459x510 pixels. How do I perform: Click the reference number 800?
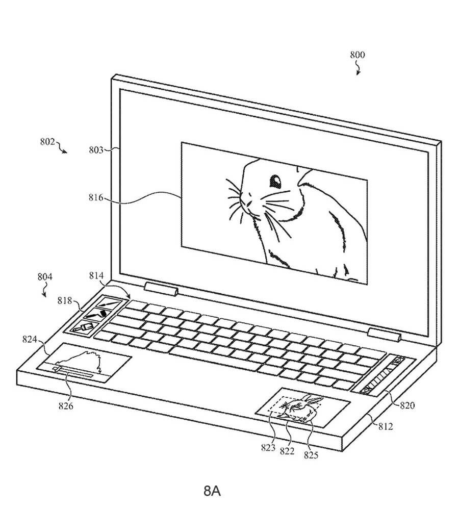(x=357, y=55)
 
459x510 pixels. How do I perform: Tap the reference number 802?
(x=47, y=141)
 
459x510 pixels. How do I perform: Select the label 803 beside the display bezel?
(x=96, y=150)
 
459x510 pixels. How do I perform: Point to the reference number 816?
(x=96, y=197)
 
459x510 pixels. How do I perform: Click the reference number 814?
(x=96, y=275)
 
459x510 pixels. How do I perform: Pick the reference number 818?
(x=65, y=300)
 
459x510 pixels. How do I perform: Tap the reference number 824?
(x=30, y=339)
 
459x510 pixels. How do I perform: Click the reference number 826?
(x=66, y=405)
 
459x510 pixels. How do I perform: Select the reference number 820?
(x=407, y=405)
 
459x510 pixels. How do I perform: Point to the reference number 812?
(x=386, y=426)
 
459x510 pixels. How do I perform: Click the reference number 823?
(x=268, y=448)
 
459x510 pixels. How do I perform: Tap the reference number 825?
(x=311, y=455)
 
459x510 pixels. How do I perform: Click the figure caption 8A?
(x=212, y=491)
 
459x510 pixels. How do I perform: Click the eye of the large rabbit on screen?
(x=275, y=182)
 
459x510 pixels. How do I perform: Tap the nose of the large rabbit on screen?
(x=248, y=203)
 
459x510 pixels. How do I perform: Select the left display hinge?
(x=161, y=289)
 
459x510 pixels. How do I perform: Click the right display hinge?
(x=384, y=335)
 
